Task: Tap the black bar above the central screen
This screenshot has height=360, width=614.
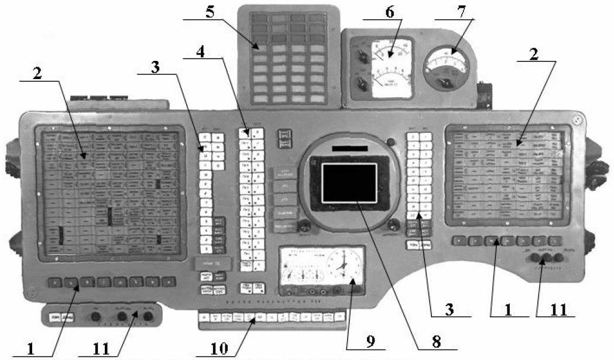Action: click(x=350, y=149)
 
